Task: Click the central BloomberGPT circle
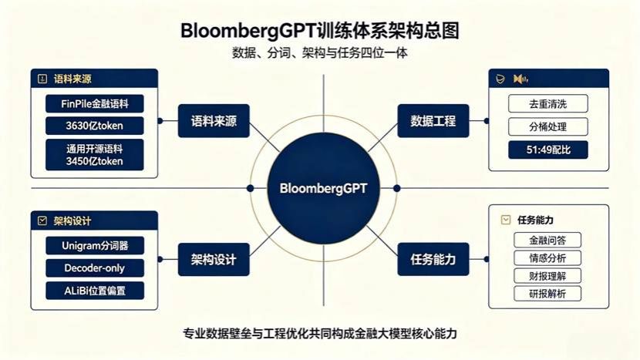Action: click(x=323, y=188)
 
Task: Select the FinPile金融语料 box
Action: click(x=95, y=103)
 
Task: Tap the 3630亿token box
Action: click(x=95, y=126)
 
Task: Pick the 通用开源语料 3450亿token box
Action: click(x=95, y=155)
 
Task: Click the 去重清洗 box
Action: click(x=547, y=103)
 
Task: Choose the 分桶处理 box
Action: click(x=547, y=126)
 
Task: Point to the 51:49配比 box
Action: click(x=547, y=150)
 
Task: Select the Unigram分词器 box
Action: click(x=95, y=245)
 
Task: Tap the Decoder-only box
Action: click(x=95, y=268)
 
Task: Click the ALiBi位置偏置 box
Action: click(x=95, y=291)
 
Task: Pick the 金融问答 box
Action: click(x=547, y=240)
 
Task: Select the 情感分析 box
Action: click(x=547, y=258)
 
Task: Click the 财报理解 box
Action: click(x=547, y=276)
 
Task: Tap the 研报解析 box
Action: click(x=547, y=294)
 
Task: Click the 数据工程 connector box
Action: click(x=433, y=121)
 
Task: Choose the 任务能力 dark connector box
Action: click(x=433, y=259)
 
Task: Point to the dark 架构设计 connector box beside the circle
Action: click(x=214, y=259)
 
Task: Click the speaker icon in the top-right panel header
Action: click(x=520, y=79)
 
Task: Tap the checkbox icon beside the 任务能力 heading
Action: click(x=505, y=220)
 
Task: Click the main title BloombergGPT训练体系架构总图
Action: click(x=320, y=31)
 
